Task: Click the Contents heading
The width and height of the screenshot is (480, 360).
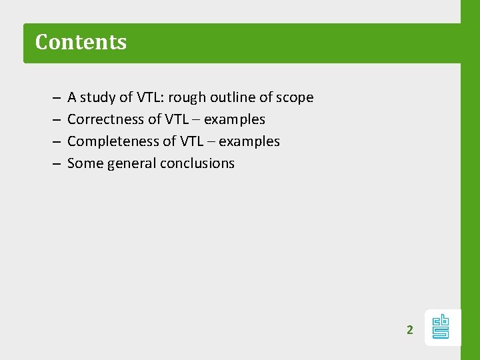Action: pos(81,42)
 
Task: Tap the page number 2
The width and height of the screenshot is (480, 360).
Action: pos(410,329)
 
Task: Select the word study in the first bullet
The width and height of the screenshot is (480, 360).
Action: pos(97,98)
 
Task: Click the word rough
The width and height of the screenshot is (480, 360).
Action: pos(187,98)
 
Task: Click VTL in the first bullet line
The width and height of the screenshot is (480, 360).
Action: pos(150,97)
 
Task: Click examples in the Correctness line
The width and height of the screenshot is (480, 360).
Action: pos(234,120)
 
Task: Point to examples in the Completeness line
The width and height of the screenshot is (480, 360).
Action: pos(249,142)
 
